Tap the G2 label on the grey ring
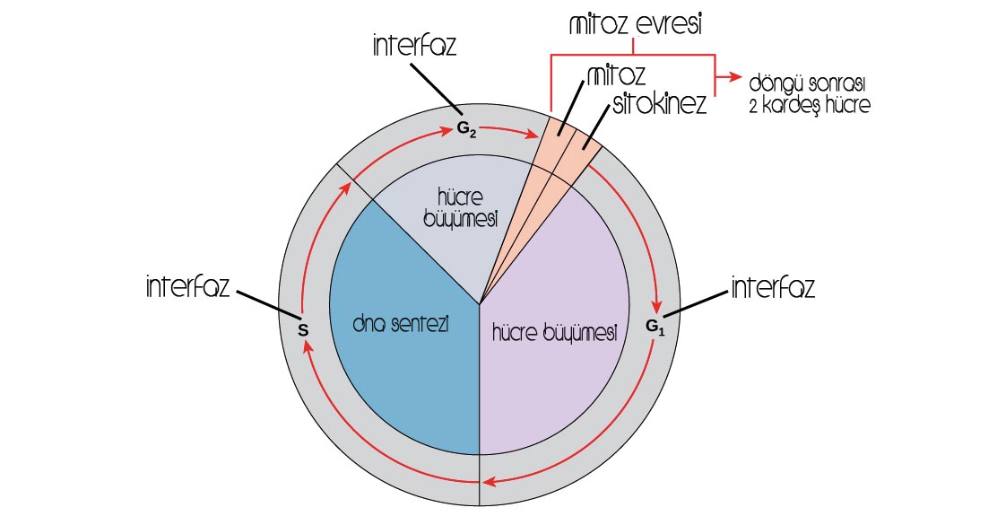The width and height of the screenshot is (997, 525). click(x=466, y=129)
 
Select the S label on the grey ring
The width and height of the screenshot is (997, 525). click(x=303, y=330)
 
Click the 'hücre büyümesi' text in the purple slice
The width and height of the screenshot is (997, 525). click(x=554, y=333)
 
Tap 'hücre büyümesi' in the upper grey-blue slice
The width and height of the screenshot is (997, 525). click(x=467, y=208)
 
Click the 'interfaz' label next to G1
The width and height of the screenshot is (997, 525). click(x=773, y=288)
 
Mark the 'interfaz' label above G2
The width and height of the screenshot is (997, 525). click(x=414, y=47)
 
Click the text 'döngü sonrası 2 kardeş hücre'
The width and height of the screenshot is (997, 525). click(x=810, y=93)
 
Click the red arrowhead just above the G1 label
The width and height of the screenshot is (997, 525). click(x=659, y=302)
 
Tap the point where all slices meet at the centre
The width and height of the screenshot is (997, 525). click(x=481, y=303)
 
